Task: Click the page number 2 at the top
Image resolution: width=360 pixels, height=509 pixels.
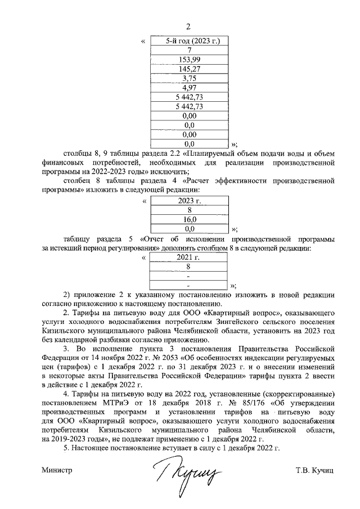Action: click(x=189, y=26)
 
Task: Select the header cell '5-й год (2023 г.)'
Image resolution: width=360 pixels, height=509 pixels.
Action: click(x=189, y=41)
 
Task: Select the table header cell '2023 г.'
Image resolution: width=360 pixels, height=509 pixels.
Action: click(x=189, y=201)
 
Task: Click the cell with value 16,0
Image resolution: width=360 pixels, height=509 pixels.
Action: click(x=189, y=220)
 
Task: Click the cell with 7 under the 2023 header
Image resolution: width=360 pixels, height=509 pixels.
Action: click(x=189, y=51)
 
